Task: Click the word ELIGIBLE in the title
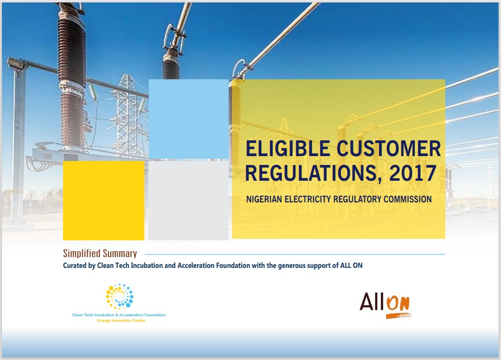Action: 288,149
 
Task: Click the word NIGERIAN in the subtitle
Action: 264,199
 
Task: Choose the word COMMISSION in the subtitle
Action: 408,199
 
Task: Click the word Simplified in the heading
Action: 81,253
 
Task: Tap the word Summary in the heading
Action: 120,254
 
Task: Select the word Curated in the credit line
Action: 74,265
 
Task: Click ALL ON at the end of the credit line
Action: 351,265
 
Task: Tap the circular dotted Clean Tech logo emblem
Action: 120,296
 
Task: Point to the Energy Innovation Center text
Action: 121,321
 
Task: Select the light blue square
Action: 189,119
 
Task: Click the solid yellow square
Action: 103,200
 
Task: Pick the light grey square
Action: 189,200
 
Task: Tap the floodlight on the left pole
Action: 16,64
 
